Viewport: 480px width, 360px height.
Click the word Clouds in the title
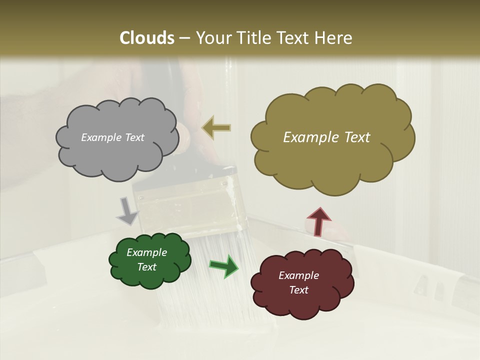click(x=146, y=38)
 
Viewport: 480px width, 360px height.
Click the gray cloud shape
click(x=116, y=155)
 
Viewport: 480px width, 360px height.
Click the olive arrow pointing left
click(x=216, y=128)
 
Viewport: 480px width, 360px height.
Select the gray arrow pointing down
click(x=127, y=211)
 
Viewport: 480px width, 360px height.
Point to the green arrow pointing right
click(x=224, y=266)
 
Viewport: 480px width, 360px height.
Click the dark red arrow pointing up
click(x=318, y=221)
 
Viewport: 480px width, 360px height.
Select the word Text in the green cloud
click(x=147, y=267)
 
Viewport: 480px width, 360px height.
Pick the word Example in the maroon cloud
click(x=298, y=275)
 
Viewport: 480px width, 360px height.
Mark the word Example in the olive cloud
click(x=309, y=137)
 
